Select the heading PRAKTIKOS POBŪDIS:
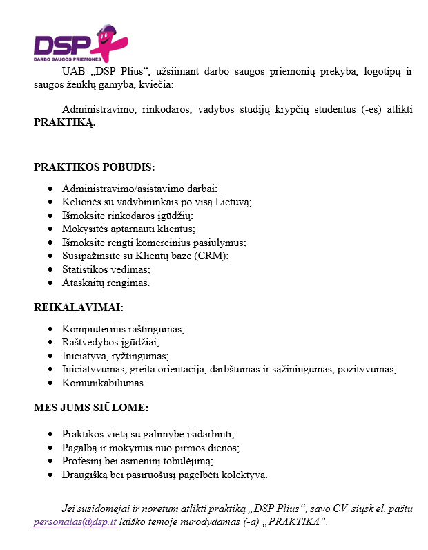pyautogui.click(x=95, y=167)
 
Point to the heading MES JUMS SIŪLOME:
pyautogui.click(x=91, y=408)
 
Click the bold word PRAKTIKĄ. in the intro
pyautogui.click(x=65, y=122)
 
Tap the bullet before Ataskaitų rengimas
pyautogui.click(x=52, y=283)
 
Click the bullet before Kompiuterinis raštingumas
pyautogui.click(x=52, y=329)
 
